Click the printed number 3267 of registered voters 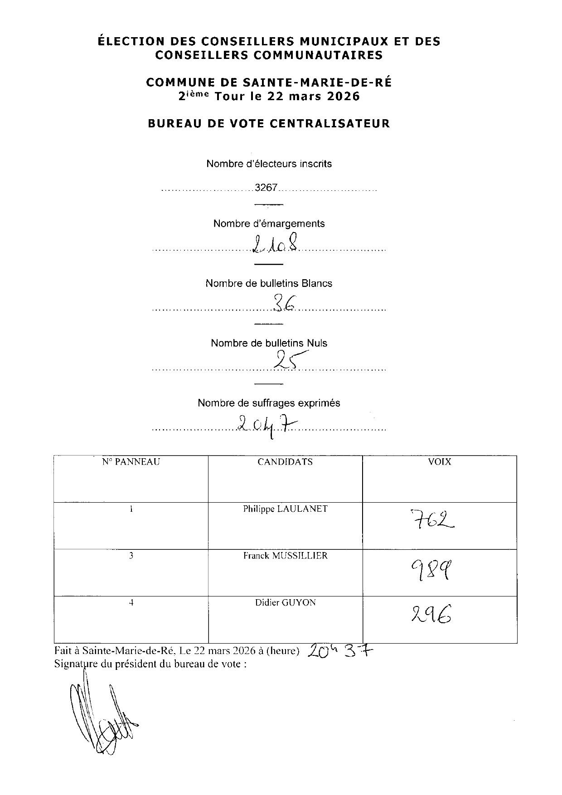[266, 188]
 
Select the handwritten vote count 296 [431, 616]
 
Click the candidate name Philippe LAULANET [285, 509]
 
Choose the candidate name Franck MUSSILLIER [285, 556]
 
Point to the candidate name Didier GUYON [285, 603]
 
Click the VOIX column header [440, 462]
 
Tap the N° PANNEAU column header [131, 462]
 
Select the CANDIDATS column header [285, 462]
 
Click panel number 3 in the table [131, 556]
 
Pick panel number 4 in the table [131, 603]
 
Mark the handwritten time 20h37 [340, 651]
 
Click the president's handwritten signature [102, 716]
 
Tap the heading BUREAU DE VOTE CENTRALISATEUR [269, 123]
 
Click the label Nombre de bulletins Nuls [269, 343]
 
